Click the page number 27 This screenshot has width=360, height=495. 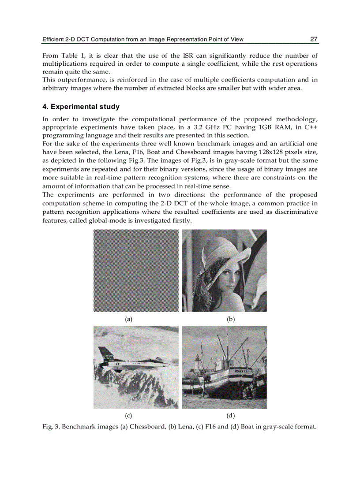(x=313, y=39)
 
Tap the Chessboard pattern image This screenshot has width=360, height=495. (x=136, y=271)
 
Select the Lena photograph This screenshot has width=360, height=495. (x=224, y=271)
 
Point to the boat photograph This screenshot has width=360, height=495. (x=224, y=367)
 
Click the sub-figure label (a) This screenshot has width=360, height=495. (x=128, y=319)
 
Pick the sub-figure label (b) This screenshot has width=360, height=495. (x=230, y=319)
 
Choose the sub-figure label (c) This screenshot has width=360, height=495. (x=128, y=415)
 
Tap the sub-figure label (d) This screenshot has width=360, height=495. (x=230, y=415)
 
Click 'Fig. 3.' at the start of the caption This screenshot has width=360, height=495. (x=51, y=427)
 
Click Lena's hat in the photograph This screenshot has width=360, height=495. (x=216, y=251)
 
